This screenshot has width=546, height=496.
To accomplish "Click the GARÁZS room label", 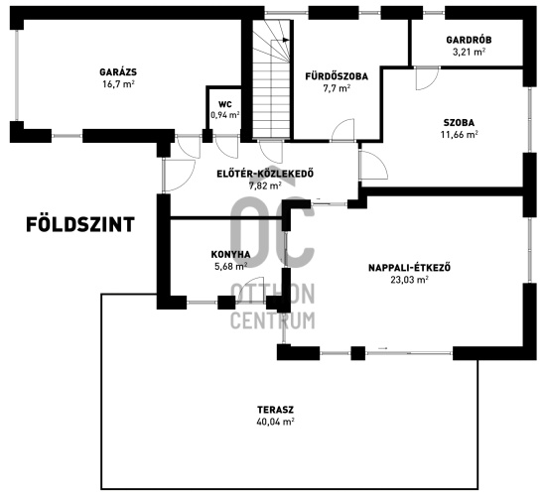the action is (118, 72).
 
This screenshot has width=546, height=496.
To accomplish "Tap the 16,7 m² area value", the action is (118, 84).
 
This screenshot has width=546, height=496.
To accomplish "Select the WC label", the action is (225, 104).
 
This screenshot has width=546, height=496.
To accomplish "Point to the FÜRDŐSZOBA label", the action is (337, 76).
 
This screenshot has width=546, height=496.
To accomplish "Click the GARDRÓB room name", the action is (469, 40).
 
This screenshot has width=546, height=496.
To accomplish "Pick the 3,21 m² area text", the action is (469, 52).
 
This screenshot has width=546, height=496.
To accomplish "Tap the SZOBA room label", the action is (459, 123).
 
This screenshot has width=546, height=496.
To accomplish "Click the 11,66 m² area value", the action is (459, 134).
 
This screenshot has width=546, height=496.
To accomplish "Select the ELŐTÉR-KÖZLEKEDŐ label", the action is (265, 174).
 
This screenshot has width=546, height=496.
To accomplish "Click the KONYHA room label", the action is (230, 254).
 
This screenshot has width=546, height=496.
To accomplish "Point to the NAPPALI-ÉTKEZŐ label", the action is (409, 268).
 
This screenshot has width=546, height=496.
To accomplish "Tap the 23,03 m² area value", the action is (409, 280).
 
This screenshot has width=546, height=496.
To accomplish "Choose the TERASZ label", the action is (275, 410).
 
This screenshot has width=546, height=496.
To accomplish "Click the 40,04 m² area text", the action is (275, 422).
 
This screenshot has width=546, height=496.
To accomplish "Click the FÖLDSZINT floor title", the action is (80, 224).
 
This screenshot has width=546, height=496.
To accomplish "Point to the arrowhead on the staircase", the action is (286, 40).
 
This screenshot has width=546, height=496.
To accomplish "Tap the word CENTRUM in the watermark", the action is (273, 320).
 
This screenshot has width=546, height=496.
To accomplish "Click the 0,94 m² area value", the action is (225, 115).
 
